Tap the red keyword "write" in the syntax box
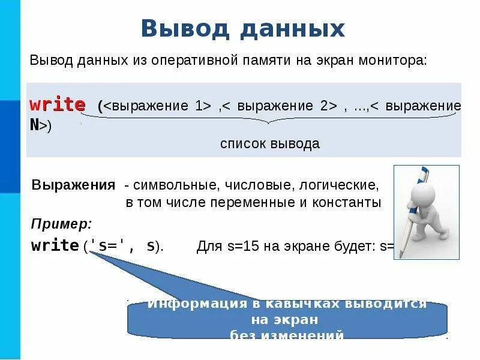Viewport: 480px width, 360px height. (58, 105)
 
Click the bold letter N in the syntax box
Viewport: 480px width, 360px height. (35, 125)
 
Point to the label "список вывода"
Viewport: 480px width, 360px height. (269, 144)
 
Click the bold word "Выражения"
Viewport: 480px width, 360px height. (73, 184)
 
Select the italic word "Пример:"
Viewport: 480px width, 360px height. (61, 224)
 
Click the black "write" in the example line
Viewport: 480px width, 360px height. (55, 245)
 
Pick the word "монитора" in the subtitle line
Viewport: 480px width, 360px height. (396, 61)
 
